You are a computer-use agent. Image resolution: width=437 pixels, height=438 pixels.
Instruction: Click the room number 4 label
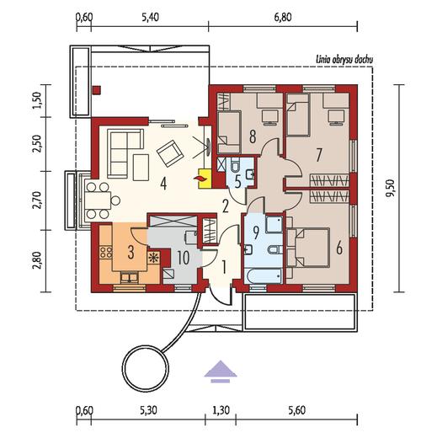(x=163, y=184)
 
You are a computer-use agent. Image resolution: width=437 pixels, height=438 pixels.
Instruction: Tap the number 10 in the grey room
(x=184, y=258)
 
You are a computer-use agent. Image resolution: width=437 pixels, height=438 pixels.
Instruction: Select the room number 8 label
(x=253, y=137)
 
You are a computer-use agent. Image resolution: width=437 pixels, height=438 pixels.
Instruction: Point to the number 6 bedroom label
(x=339, y=248)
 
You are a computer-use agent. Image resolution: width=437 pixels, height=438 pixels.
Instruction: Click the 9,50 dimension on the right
(x=391, y=189)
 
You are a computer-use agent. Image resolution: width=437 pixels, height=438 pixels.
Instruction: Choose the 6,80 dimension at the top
(x=283, y=17)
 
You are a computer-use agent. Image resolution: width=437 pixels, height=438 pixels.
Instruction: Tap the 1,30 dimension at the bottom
(x=221, y=410)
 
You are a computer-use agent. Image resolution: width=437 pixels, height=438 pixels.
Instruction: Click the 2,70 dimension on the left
(x=37, y=200)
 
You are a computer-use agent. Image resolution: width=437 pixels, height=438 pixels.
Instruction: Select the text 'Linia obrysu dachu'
(x=344, y=60)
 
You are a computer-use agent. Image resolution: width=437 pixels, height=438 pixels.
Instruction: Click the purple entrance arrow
(x=221, y=371)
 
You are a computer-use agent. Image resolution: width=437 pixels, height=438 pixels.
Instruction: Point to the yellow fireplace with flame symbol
(x=205, y=179)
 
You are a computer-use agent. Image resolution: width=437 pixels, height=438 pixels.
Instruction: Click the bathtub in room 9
(x=263, y=276)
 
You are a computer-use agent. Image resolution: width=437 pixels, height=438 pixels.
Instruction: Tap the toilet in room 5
(x=235, y=165)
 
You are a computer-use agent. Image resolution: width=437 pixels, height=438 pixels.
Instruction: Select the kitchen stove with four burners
(x=106, y=252)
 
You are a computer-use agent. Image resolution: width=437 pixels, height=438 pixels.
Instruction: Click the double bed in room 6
(x=308, y=247)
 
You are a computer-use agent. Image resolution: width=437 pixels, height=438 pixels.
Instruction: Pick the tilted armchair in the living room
(x=170, y=153)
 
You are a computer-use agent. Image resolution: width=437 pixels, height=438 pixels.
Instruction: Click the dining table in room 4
(x=99, y=200)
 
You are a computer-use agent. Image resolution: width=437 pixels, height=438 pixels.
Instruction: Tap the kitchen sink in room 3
(x=130, y=277)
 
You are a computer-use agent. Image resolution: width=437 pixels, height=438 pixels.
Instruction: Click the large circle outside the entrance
(x=147, y=368)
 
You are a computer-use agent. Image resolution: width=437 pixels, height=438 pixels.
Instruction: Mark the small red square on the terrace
(x=96, y=90)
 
